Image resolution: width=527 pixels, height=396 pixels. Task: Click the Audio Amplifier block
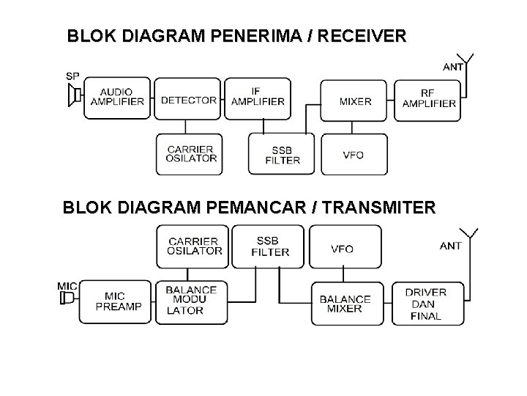pyautogui.click(x=117, y=98)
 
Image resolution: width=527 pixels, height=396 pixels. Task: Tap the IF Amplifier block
pyautogui.click(x=258, y=98)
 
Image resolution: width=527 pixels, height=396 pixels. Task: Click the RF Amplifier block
pyautogui.click(x=429, y=98)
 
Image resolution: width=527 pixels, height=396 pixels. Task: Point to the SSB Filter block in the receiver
pyautogui.click(x=282, y=153)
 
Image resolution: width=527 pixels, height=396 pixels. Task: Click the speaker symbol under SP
pyautogui.click(x=74, y=96)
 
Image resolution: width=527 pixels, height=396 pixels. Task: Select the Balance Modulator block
pyautogui.click(x=191, y=301)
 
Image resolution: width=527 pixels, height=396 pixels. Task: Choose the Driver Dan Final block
pyautogui.click(x=427, y=303)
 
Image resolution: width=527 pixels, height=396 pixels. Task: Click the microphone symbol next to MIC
pyautogui.click(x=67, y=298)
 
